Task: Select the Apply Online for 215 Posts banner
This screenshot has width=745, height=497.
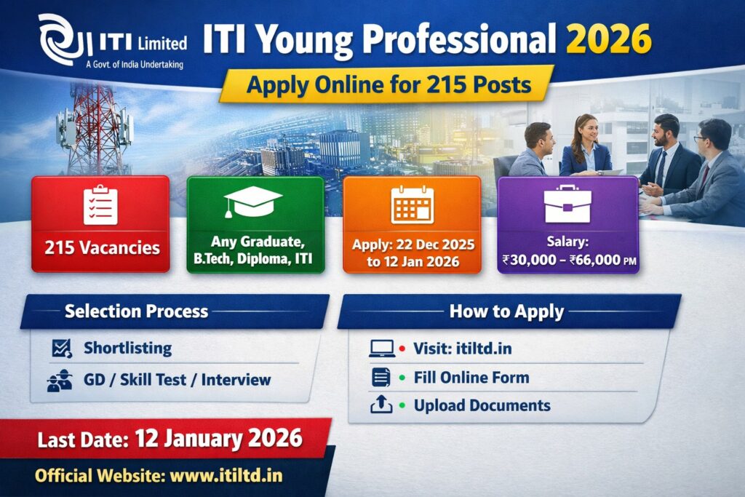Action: click(386, 85)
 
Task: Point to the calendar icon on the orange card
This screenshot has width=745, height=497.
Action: click(412, 204)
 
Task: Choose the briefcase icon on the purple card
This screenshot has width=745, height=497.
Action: click(567, 204)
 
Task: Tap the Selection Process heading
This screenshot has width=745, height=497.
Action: click(136, 311)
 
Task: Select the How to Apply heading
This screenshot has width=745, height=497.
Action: click(506, 312)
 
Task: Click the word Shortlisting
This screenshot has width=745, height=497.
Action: click(127, 349)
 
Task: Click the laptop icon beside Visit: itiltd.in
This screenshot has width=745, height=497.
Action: click(381, 349)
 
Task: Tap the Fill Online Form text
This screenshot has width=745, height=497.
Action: click(471, 378)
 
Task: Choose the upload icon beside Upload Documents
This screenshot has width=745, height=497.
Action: click(381, 405)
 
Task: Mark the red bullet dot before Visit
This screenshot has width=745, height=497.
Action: click(402, 349)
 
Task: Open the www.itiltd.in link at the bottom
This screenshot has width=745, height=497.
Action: click(226, 476)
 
